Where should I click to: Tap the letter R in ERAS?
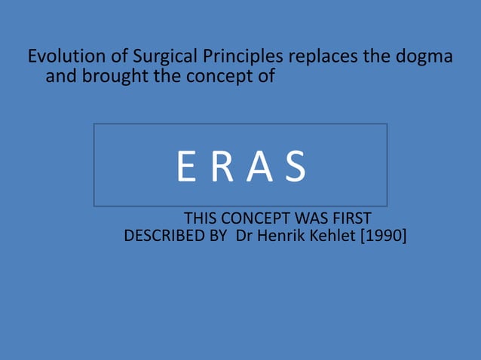222,166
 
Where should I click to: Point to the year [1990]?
385,236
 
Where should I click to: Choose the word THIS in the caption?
201,219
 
